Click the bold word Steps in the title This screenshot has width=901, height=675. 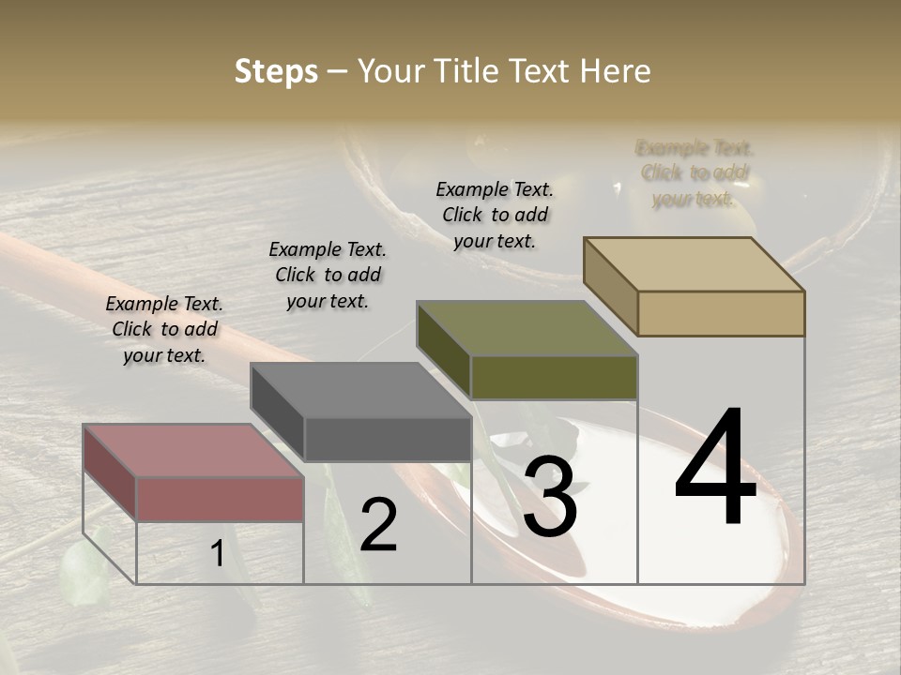pyautogui.click(x=275, y=71)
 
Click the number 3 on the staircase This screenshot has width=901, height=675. pyautogui.click(x=550, y=499)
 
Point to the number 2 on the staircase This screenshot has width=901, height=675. pyautogui.click(x=378, y=525)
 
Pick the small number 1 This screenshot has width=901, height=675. pyautogui.click(x=217, y=554)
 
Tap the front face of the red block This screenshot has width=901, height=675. pyautogui.click(x=220, y=499)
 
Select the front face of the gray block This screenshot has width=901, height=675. pyautogui.click(x=388, y=439)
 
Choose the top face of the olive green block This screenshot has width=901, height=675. pyautogui.click(x=527, y=328)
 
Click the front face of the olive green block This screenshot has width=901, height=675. pyautogui.click(x=554, y=378)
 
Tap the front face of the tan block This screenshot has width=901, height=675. pyautogui.click(x=721, y=313)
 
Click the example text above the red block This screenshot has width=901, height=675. pyautogui.click(x=164, y=329)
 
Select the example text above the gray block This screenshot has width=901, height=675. pyautogui.click(x=328, y=275)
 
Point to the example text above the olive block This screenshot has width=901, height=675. pyautogui.click(x=495, y=215)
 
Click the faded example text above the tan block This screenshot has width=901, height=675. pyautogui.click(x=695, y=173)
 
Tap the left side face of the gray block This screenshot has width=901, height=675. pyautogui.click(x=277, y=412)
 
